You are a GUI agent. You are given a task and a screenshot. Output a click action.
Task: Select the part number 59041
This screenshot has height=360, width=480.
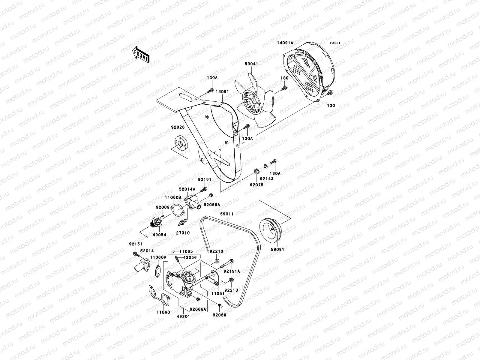coord(251,64)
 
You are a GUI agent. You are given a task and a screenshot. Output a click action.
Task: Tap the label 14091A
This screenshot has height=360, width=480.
coord(285,43)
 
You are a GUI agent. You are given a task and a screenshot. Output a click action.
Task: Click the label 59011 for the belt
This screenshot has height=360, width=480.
coord(227,214)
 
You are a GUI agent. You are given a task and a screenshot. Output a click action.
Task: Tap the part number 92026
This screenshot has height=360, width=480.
coord(178,127)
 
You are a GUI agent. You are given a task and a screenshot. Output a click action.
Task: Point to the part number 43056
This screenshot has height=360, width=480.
coord(190,258)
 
